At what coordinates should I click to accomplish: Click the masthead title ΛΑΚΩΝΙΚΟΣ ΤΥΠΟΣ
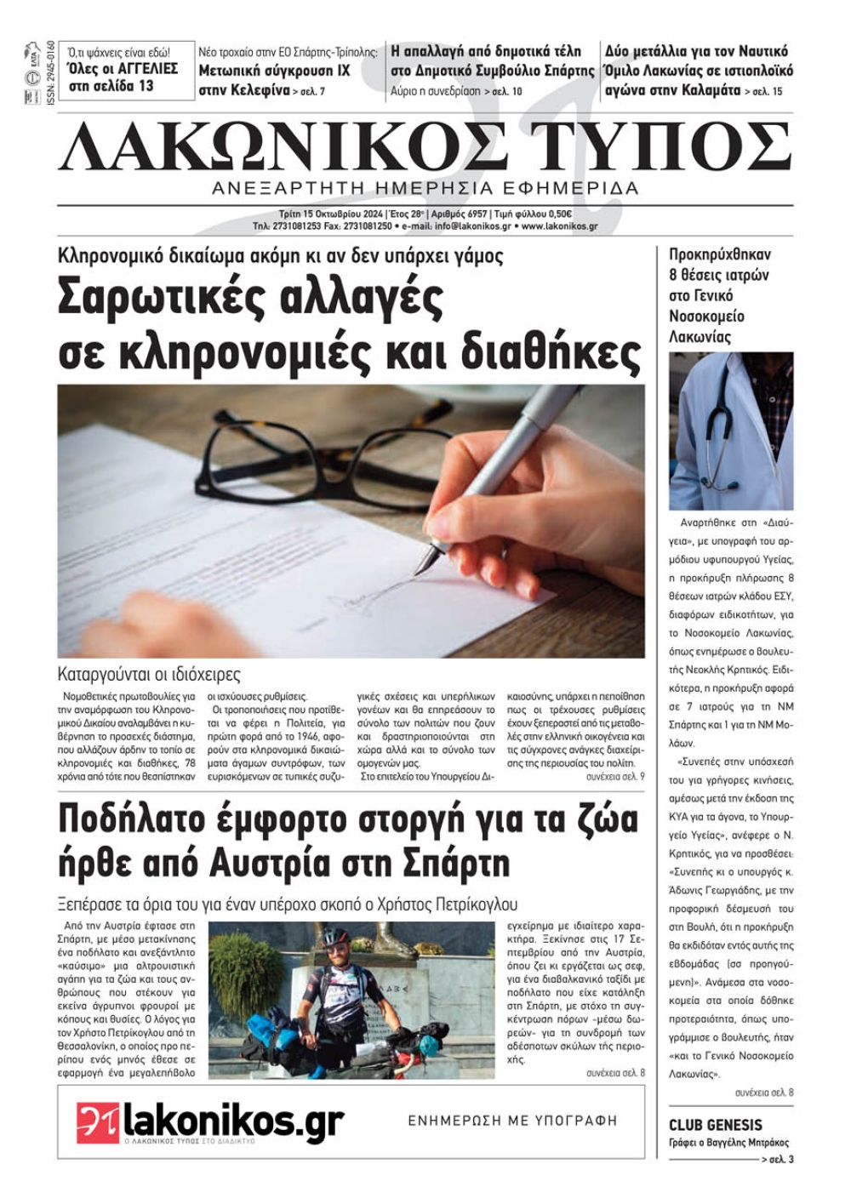[425, 146]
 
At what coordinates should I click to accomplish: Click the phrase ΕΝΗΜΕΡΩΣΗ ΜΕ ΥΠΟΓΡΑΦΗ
[512, 1121]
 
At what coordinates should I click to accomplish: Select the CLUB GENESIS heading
[715, 1124]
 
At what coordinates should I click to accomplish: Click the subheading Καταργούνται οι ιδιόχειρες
[149, 675]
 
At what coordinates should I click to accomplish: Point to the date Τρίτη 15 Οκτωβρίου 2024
[331, 214]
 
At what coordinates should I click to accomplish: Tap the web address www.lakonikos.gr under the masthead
[559, 226]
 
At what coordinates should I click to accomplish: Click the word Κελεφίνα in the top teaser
[260, 90]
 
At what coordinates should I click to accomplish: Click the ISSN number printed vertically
[51, 71]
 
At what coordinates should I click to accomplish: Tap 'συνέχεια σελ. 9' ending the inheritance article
[615, 777]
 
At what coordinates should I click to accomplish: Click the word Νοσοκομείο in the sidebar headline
[706, 317]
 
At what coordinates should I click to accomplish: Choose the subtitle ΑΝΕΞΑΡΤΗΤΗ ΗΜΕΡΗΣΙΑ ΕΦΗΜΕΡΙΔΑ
[425, 188]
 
